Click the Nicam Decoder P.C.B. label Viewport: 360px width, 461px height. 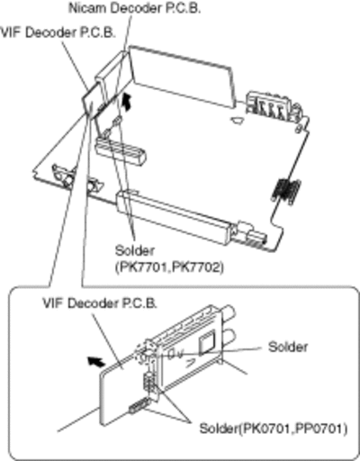[134, 8]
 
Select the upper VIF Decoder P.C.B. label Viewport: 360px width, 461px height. [58, 32]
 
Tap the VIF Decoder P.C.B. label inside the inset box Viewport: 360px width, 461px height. [100, 303]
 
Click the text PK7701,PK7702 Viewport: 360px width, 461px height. [169, 267]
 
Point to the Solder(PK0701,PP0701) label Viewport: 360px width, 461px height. [274, 429]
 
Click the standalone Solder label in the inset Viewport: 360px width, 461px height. [288, 347]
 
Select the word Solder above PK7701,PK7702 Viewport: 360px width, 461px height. [135, 250]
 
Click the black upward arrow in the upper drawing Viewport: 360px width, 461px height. [128, 102]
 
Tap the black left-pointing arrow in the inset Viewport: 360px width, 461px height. [96, 361]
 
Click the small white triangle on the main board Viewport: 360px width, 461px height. [238, 121]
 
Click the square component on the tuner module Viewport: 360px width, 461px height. [207, 342]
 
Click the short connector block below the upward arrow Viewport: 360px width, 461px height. [121, 151]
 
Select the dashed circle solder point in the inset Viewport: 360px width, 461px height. [145, 352]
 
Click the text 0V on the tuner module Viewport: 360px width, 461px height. [175, 355]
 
